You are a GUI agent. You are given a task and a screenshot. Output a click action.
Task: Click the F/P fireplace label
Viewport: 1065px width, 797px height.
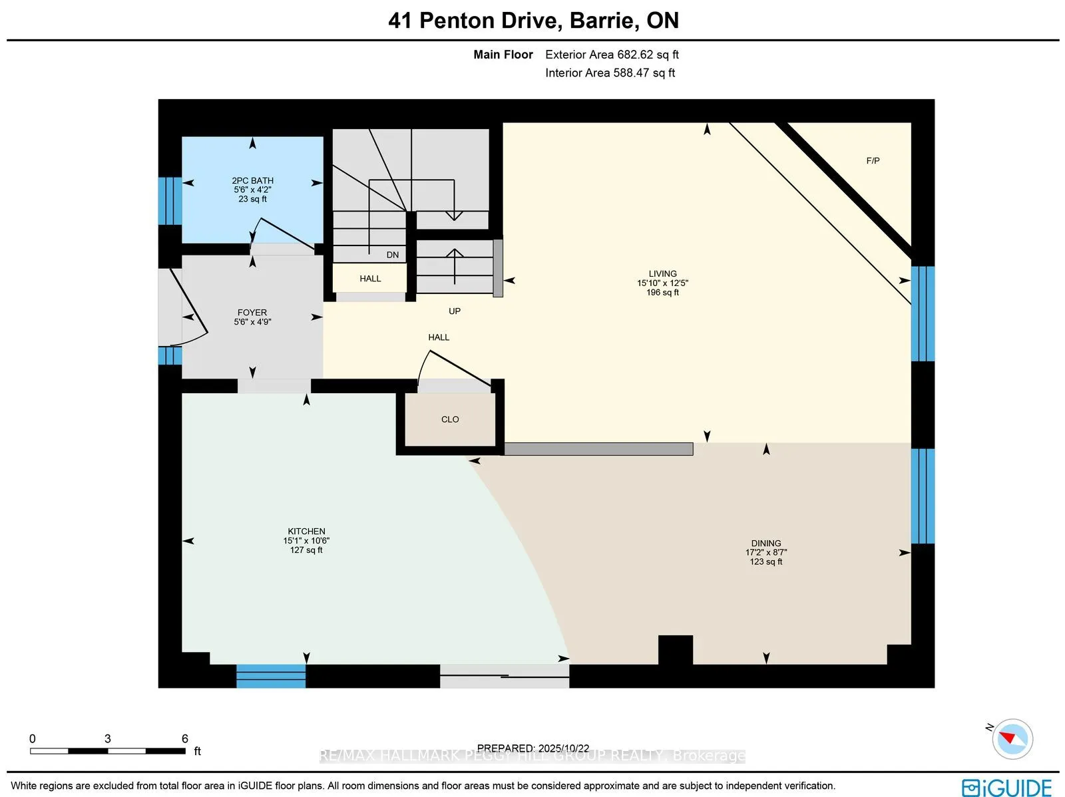[x=873, y=160]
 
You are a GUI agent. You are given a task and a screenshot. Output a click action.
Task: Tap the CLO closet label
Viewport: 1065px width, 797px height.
[x=450, y=419]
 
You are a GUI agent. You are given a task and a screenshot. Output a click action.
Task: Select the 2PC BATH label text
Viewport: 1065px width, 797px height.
[x=252, y=180]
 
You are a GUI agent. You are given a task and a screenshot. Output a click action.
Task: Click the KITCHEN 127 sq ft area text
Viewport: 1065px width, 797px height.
[x=306, y=550]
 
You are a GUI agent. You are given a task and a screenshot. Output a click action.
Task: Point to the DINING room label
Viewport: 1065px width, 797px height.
[x=766, y=543]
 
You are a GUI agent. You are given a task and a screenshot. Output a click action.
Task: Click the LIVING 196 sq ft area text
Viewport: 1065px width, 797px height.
[x=662, y=292]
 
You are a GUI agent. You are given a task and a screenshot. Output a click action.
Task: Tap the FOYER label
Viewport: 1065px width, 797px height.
[x=252, y=312]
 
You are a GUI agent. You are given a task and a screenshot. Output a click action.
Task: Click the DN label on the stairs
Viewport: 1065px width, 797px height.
[x=393, y=255]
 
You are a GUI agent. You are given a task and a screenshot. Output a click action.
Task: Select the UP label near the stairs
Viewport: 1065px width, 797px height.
[x=455, y=311]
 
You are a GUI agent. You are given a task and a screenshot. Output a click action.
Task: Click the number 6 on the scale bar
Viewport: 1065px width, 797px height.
[x=185, y=738]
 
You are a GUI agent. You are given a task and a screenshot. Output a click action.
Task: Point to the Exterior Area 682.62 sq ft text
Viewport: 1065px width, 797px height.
[x=612, y=55]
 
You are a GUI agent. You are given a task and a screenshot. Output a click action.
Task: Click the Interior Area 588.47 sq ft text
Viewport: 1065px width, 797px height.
[x=610, y=73]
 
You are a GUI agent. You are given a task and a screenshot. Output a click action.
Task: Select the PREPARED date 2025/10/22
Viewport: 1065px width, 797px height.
[x=533, y=748]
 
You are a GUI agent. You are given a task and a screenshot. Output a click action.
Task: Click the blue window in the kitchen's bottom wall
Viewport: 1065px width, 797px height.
[x=271, y=675]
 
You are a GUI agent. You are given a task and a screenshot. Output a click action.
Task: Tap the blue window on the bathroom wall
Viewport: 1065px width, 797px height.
[x=170, y=200]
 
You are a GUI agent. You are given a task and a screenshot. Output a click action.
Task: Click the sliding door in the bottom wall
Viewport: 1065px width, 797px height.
[x=505, y=676]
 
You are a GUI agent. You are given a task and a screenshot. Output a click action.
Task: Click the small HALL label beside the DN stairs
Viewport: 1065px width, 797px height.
[x=370, y=278]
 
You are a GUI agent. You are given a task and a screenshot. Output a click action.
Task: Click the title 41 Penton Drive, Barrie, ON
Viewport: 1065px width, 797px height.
[x=533, y=21]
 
